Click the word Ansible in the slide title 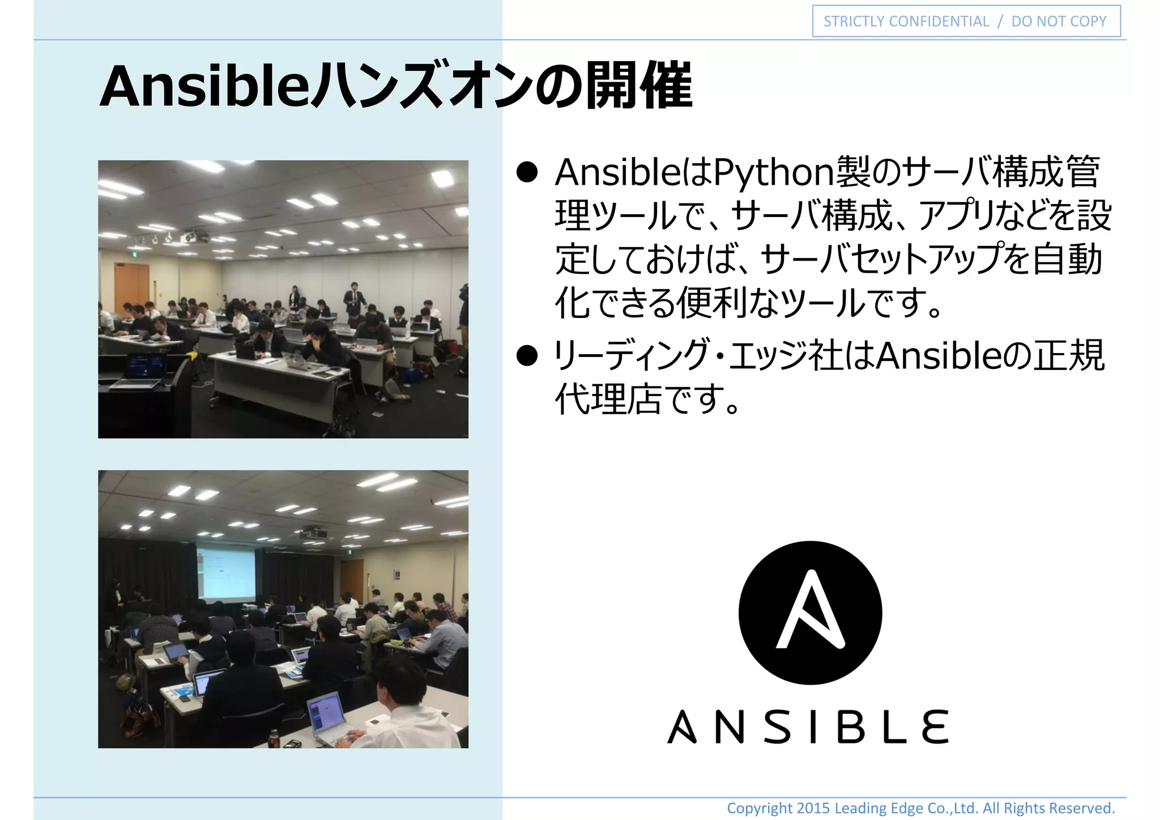(204, 87)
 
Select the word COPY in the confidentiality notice (1087, 22)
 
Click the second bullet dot (527, 356)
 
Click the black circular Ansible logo (810, 613)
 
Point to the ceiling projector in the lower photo (313, 533)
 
